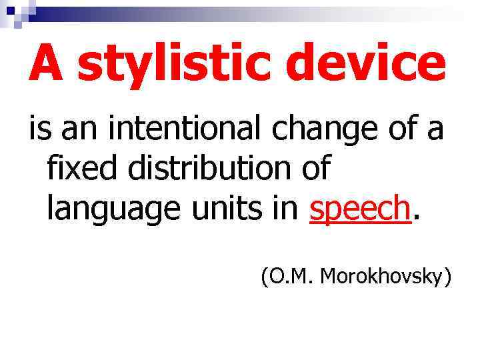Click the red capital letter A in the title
point(48,63)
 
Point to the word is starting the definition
point(39,129)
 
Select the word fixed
point(85,169)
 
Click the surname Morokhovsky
point(381,275)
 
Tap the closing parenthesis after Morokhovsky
point(447,276)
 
